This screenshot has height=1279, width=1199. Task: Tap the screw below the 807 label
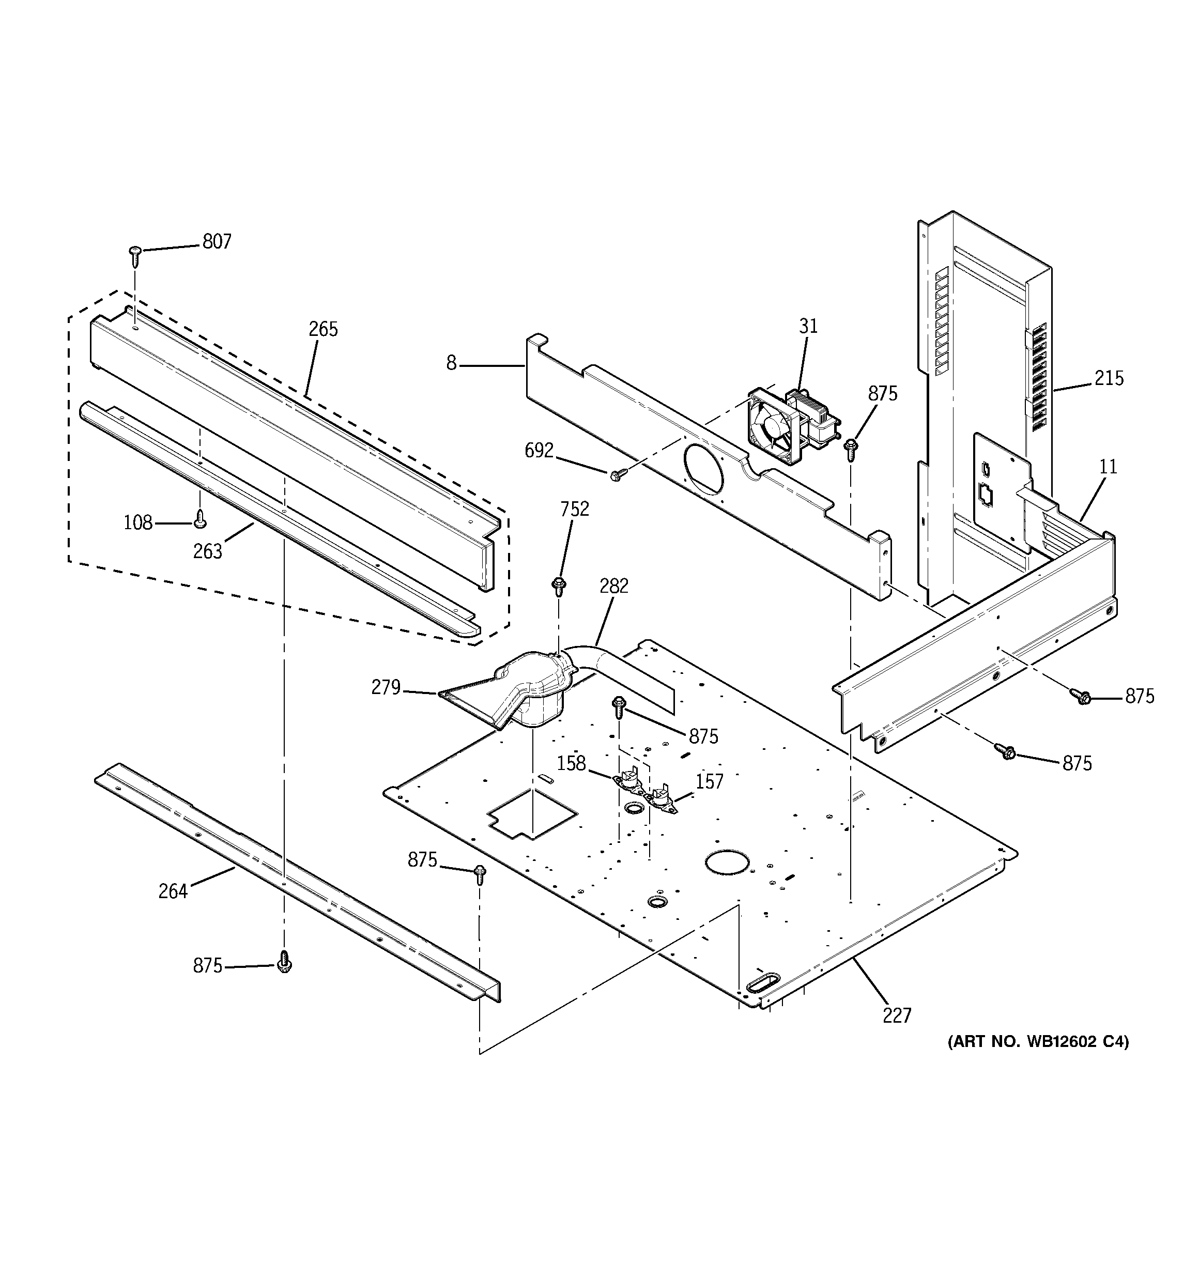[135, 256]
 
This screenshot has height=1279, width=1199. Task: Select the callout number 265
[322, 329]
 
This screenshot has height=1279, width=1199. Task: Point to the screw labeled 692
[616, 475]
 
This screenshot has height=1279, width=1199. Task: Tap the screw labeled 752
[558, 586]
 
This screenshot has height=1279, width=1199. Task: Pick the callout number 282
[613, 586]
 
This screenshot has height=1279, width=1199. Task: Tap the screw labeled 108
[200, 518]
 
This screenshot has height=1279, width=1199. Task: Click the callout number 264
[173, 891]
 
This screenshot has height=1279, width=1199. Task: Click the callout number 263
[207, 551]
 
